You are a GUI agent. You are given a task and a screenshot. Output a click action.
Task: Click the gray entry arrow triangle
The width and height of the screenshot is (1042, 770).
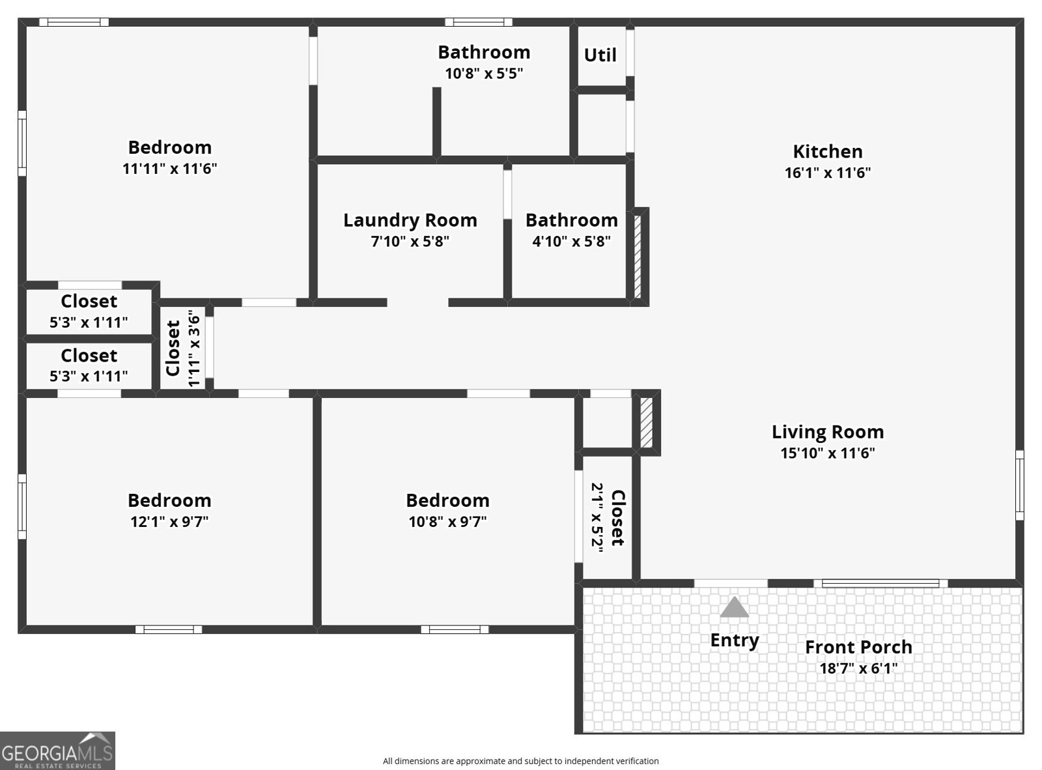pos(734,607)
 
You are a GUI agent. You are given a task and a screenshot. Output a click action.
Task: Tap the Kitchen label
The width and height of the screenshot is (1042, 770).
pos(827,151)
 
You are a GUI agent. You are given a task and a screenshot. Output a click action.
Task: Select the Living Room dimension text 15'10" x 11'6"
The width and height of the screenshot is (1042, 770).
pos(827,453)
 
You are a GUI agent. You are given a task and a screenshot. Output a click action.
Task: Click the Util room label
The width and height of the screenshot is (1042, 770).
pos(600,55)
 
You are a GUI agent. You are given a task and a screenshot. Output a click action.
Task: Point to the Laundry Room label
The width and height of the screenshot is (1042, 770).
pos(410,220)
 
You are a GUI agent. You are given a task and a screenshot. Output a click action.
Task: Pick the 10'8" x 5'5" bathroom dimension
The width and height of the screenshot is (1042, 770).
pos(484,74)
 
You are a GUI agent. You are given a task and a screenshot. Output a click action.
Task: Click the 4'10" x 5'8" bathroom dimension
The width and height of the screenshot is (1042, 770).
pos(571,241)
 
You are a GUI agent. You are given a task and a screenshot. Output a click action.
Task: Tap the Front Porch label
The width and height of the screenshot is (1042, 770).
pos(858,647)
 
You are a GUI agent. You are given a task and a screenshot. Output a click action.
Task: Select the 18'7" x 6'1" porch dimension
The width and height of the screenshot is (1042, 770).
pos(858,668)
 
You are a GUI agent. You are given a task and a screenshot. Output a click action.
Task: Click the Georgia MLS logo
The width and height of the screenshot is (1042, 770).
pos(57,750)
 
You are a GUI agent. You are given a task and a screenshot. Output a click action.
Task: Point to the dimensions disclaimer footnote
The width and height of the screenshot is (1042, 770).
pos(520,761)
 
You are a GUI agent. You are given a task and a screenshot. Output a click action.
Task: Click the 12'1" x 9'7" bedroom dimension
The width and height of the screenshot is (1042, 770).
pos(169,521)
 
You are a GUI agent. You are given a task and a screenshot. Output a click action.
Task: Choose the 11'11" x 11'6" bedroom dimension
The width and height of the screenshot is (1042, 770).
pos(169,168)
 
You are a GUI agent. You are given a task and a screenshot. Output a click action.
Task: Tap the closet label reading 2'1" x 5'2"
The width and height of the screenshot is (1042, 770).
pos(608,514)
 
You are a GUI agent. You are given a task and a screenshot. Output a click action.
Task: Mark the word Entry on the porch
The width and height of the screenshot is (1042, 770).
pos(735,640)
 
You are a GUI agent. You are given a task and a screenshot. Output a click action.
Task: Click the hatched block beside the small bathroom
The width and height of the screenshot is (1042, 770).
pos(638,257)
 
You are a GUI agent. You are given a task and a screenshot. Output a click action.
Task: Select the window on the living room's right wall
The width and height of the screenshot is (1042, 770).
pos(1019,485)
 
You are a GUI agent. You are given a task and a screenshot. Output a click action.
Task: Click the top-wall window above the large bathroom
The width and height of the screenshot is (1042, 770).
pos(478,22)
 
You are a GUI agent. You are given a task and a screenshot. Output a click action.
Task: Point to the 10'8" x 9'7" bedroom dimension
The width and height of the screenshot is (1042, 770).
pos(447,521)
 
